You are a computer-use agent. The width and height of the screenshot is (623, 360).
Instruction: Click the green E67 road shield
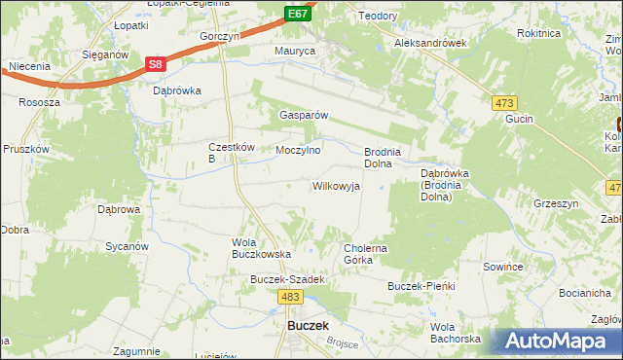tap(299, 14)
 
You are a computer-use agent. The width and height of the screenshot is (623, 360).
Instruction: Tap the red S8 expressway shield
tap(155, 64)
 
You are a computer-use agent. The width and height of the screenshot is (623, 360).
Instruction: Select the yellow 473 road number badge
tap(504, 103)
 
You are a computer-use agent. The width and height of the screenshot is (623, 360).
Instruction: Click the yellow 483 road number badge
tap(289, 295)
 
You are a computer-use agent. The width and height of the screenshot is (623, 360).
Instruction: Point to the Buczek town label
tap(308, 326)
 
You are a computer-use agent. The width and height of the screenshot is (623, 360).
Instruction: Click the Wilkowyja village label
tap(336, 186)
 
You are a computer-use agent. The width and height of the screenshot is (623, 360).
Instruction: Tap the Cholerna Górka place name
tap(366, 254)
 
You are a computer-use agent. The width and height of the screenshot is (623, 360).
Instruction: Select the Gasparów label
tap(304, 114)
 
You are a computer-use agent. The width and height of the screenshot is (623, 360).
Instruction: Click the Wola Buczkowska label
tap(261, 248)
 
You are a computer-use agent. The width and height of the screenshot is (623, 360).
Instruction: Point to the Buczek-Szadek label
tap(286, 279)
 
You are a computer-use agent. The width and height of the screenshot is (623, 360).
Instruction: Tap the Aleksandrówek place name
tap(431, 44)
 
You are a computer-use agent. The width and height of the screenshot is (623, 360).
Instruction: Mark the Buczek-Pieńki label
tap(421, 287)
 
